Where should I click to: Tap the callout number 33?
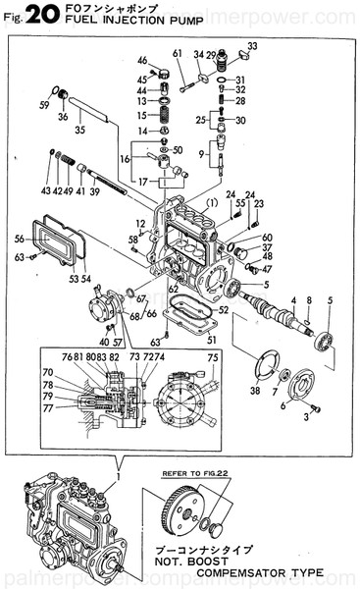[x=253, y=45]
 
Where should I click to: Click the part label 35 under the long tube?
[x=79, y=129]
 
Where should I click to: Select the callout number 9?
[x=203, y=154]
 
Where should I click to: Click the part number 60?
[x=267, y=238]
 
